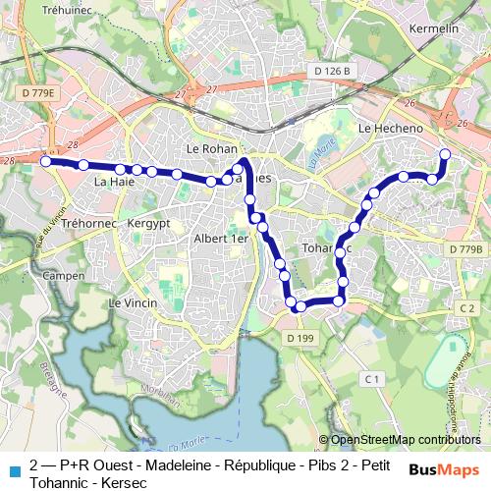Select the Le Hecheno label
[x=391, y=129]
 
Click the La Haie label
[x=114, y=182]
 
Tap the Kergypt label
[x=148, y=224]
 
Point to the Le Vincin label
[x=134, y=302]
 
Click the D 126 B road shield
[x=333, y=72]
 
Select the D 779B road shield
[x=465, y=249]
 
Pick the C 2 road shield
[x=466, y=308]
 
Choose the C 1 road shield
[x=370, y=379]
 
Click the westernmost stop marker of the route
[x=45, y=161]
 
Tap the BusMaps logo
[x=444, y=470]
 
